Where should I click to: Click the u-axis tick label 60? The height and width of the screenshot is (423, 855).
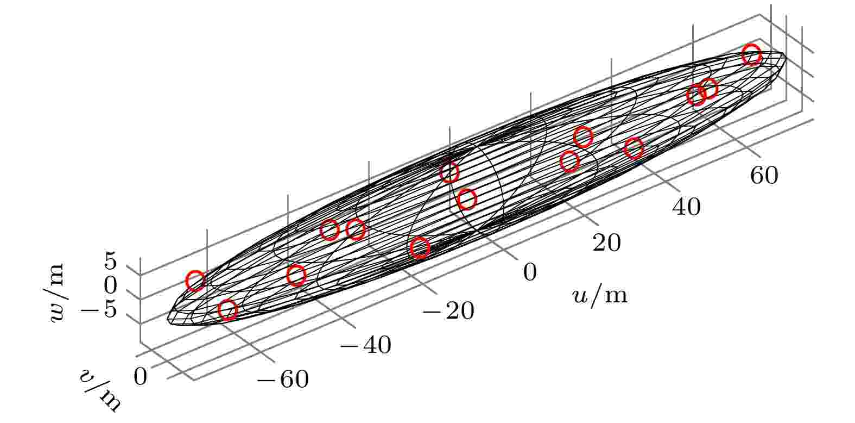coord(764,176)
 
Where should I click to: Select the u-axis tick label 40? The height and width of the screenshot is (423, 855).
coord(686,207)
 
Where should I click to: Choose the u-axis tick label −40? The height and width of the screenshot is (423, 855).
coord(366,345)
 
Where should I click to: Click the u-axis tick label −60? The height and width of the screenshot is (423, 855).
coord(283,380)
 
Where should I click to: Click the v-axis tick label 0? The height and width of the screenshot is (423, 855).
coord(140,376)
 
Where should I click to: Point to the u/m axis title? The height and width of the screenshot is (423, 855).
coord(600,296)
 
